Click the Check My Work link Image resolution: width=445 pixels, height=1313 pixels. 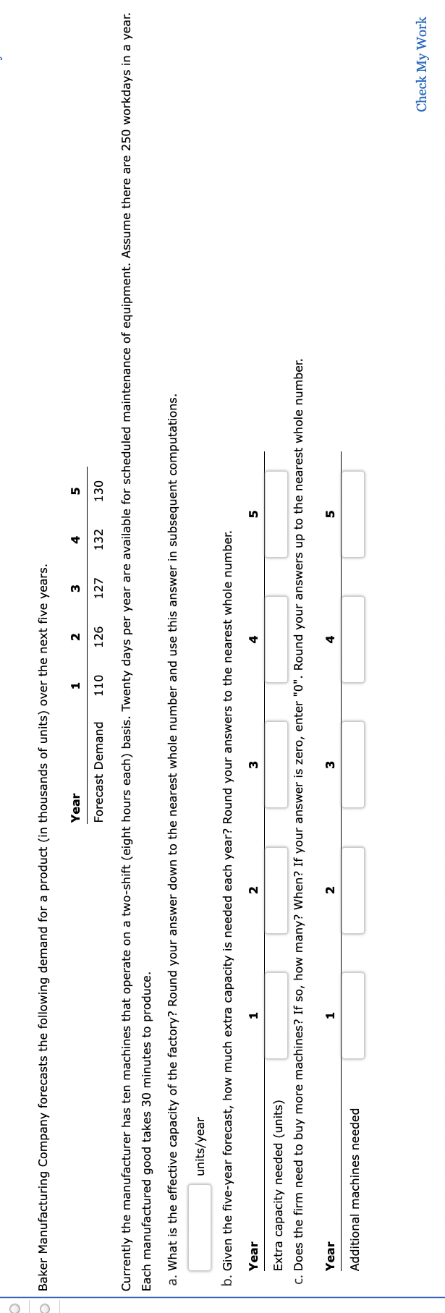tap(421, 64)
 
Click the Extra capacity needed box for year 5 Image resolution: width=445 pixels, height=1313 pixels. tap(276, 514)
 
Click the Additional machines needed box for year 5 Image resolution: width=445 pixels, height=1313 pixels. tap(354, 514)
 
